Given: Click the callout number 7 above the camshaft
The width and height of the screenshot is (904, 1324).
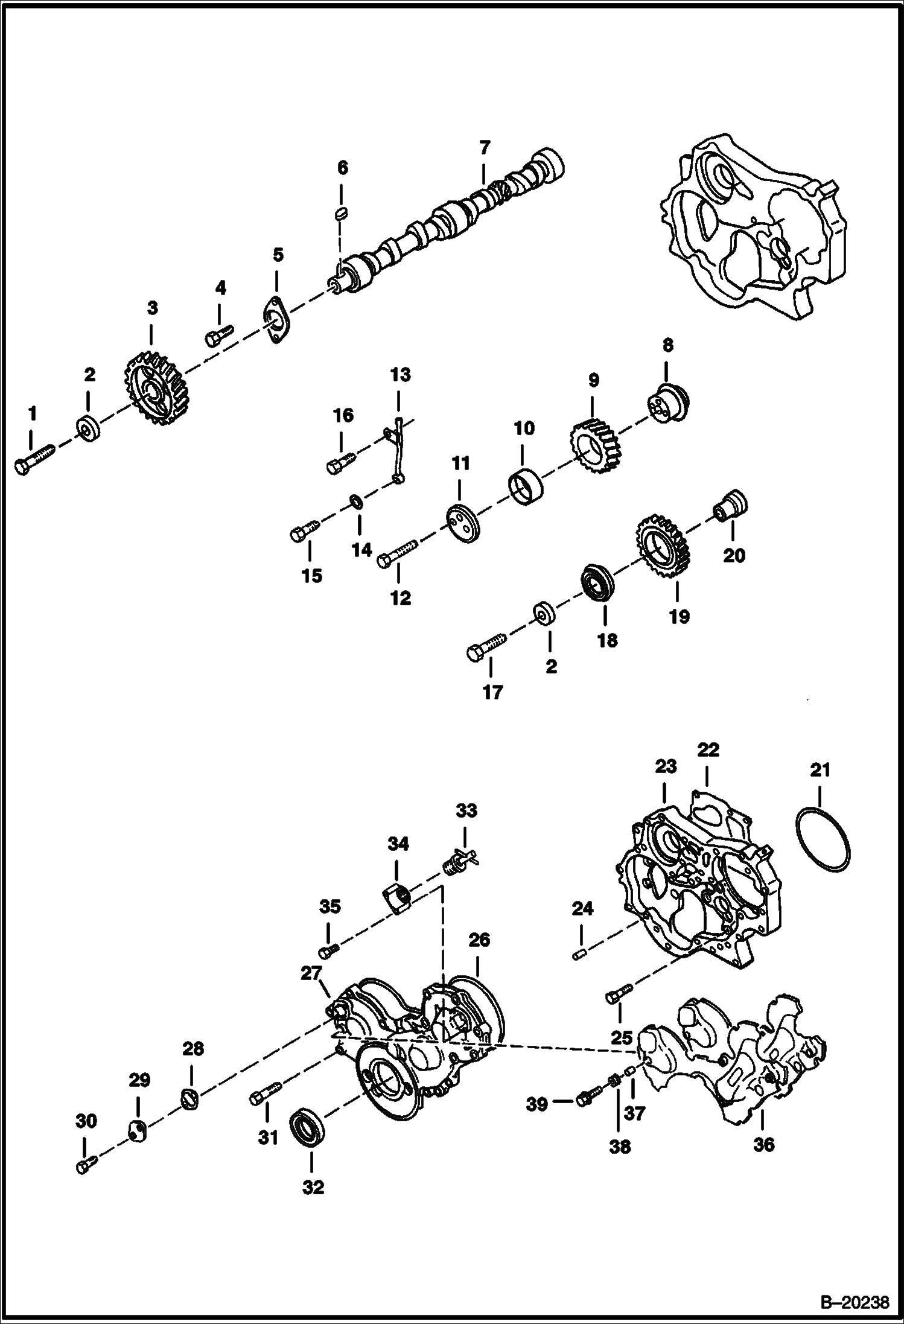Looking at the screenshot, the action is pos(483,147).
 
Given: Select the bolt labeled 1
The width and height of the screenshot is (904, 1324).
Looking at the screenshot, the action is pos(34,458).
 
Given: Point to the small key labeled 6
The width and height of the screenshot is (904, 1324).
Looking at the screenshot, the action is pos(342,212).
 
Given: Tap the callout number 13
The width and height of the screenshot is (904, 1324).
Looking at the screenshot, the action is pos(400,375).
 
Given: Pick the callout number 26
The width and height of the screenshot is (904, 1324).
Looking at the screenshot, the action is pos(479,940).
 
